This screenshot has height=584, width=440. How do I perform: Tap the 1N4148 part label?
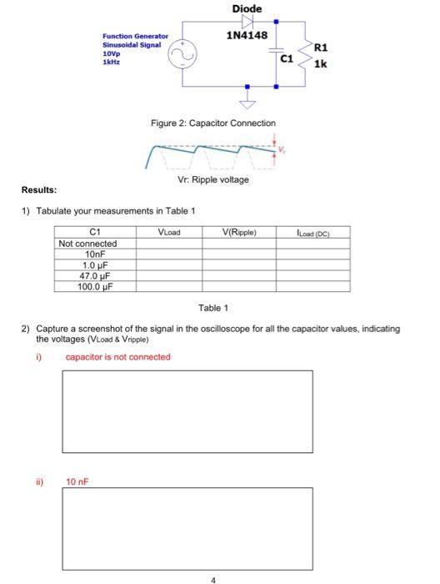pos(247,36)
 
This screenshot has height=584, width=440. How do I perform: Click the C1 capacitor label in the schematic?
pos(286,60)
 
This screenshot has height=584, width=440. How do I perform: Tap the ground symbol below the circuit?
pos(247,103)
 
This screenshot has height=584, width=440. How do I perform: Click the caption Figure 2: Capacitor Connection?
pos(213,123)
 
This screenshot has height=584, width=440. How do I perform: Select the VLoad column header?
pos(168,233)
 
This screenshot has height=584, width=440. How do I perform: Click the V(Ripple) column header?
pos(241,233)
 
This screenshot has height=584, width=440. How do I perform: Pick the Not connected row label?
pos(87,244)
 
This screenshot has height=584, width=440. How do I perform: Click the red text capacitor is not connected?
pos(117,357)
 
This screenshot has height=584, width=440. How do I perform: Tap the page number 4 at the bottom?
pos(213,577)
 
